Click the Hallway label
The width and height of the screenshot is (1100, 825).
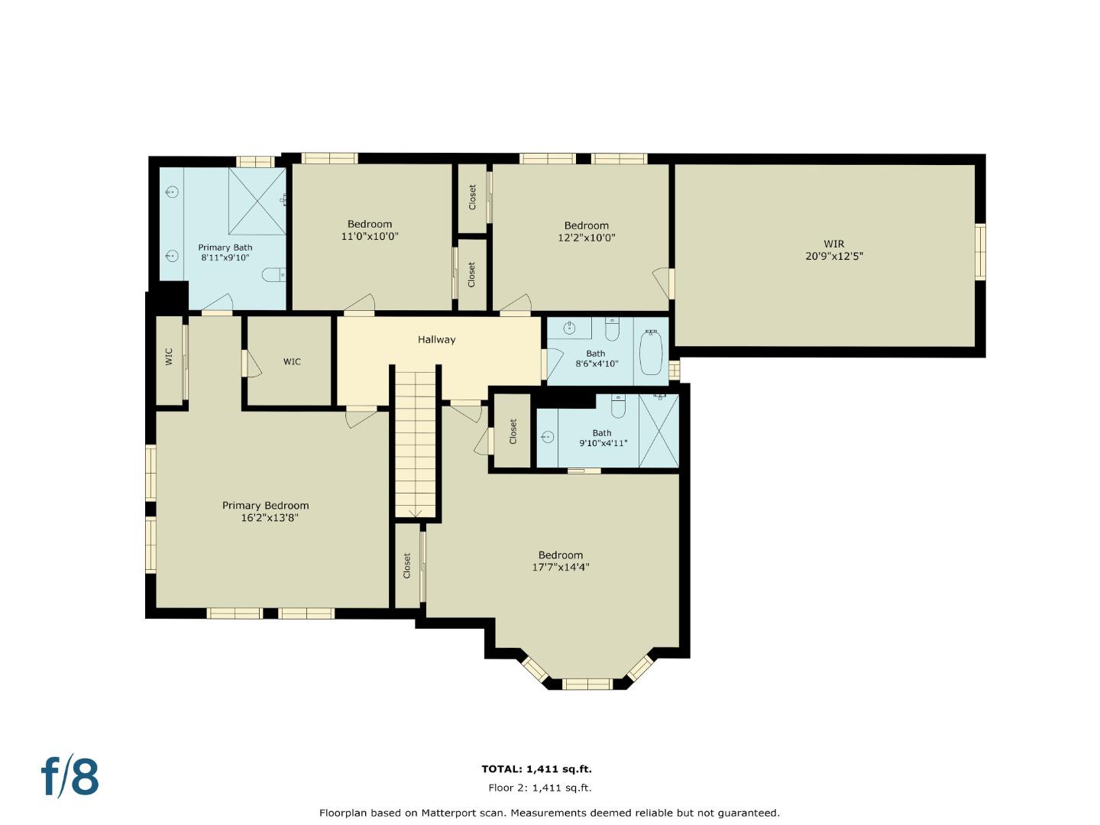[436, 340]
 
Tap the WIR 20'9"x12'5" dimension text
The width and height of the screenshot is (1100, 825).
[834, 257]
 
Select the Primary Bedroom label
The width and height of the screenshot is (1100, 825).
[265, 506]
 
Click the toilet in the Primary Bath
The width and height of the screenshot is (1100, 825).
[273, 274]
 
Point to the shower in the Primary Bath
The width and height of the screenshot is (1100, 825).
[257, 201]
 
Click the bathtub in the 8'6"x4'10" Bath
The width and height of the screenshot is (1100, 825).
[651, 352]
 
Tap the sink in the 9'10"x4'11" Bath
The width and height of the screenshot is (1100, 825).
[548, 437]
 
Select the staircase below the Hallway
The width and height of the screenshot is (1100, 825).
[416, 443]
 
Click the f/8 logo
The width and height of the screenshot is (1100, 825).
[70, 776]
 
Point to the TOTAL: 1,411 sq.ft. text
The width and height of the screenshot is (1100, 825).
[536, 769]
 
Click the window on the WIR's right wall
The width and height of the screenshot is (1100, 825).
[980, 251]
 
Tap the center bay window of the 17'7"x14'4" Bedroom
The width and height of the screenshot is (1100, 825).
[587, 684]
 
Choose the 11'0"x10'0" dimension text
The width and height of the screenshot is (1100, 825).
[370, 237]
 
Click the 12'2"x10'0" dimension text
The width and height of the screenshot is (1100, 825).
[587, 238]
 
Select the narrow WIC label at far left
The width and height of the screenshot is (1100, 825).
[169, 357]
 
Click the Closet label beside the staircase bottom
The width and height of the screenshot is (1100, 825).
[407, 565]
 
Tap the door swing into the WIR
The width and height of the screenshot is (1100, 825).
[662, 280]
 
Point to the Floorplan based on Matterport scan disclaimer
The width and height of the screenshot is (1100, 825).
[549, 813]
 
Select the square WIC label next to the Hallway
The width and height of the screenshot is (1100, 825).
[292, 361]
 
